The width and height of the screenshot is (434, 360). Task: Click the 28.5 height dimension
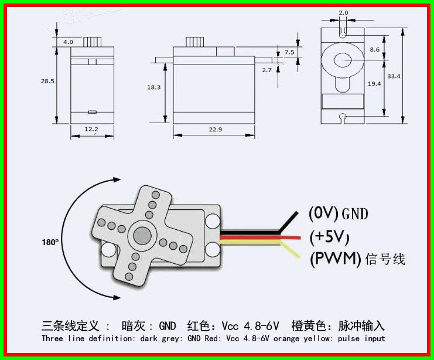coord(47,81)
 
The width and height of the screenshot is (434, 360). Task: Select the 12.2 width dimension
coord(91,128)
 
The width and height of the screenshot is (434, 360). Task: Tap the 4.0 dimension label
coord(69,42)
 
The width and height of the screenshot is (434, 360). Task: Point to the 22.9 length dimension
coord(214,128)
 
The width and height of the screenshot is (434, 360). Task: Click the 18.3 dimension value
coord(153,87)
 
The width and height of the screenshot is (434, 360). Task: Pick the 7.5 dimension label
coord(289,52)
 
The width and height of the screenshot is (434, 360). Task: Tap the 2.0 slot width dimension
coord(343,12)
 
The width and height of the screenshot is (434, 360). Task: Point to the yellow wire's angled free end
coord(293,256)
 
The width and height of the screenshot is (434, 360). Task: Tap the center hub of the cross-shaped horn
coord(142,235)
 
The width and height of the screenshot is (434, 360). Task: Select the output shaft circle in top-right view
coord(343,59)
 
